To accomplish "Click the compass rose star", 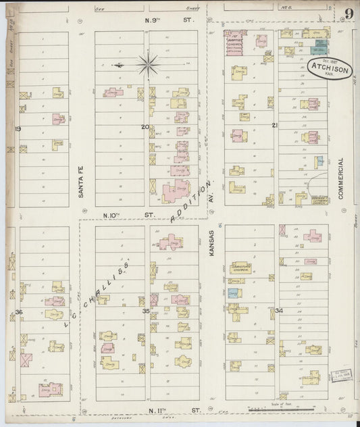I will point(147,65).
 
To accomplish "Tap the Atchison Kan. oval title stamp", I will point(329,68).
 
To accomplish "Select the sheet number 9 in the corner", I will point(348,14).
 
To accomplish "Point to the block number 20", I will point(145,126).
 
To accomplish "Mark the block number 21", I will point(274,126).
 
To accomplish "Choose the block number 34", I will point(278,311).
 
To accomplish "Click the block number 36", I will point(19,311).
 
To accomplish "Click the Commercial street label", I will point(341,177).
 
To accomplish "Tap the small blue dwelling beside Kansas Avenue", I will point(233,293).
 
